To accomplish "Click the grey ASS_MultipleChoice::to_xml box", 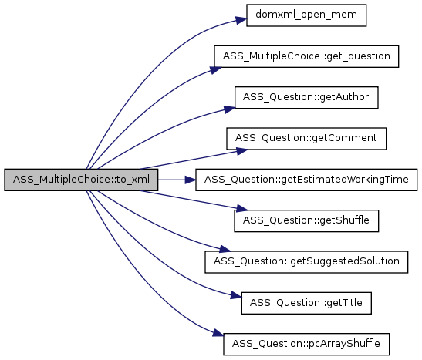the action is (81, 180).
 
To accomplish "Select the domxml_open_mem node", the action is (306, 15).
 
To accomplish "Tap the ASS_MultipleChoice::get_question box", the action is (306, 56).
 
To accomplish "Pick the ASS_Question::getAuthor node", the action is (306, 98).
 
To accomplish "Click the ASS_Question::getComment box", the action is (306, 139).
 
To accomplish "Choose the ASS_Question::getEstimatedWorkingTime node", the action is (306, 180).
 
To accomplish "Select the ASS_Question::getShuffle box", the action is (306, 221).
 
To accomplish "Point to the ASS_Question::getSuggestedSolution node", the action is (306, 262).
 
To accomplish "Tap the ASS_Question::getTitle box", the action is (306, 303).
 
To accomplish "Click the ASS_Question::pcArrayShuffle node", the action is (306, 345).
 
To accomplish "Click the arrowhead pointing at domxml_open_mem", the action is (241, 20).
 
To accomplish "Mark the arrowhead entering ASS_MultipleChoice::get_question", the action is (215, 70).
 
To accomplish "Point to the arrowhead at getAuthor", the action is (230, 109).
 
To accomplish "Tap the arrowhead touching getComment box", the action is (242, 151).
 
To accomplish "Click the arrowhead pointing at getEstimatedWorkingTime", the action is (191, 180).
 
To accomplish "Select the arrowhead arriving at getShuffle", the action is (241, 208).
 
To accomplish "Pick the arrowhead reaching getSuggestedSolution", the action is (225, 249).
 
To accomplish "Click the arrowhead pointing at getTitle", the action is (236, 295).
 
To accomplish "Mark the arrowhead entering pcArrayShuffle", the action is (218, 333).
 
